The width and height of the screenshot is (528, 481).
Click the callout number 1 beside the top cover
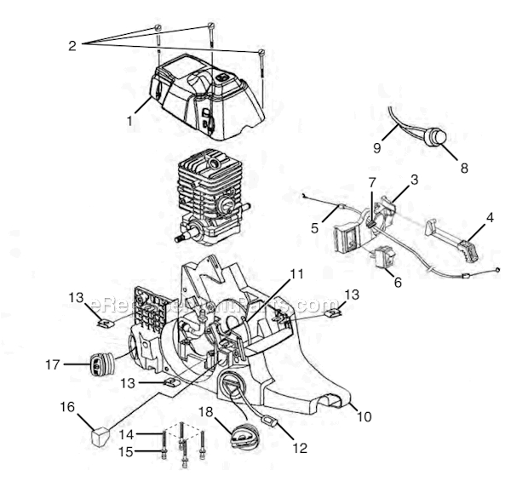129,121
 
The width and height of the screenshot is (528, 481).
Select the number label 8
464,168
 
